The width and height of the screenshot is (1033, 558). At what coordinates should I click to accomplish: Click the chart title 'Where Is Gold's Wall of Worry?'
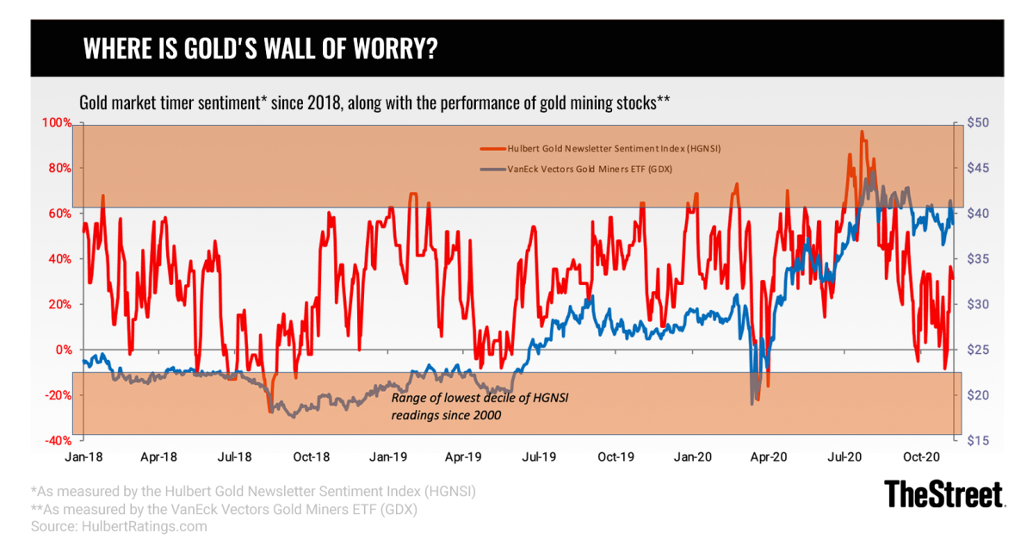point(258,49)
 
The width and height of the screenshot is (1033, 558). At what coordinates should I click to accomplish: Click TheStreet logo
point(944,494)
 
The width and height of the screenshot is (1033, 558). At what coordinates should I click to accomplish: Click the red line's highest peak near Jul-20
point(862,132)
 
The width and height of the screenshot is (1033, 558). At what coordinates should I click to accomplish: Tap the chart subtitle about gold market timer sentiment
point(374,102)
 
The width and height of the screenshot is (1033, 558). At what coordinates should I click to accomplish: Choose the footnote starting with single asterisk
point(253,491)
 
